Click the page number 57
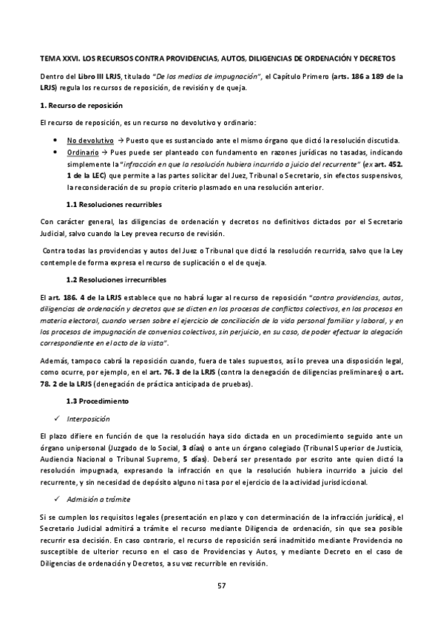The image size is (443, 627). click(x=220, y=586)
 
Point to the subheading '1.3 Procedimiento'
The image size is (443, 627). click(x=97, y=401)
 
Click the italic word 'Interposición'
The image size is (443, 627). click(x=90, y=416)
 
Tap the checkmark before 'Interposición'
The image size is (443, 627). click(x=58, y=416)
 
